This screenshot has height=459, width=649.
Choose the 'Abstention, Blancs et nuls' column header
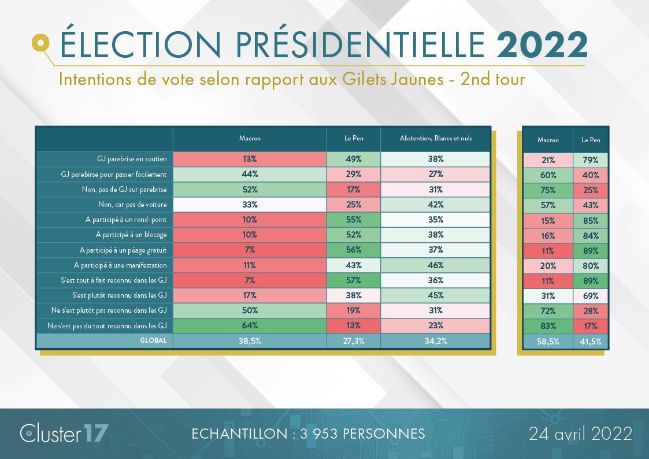click(435, 139)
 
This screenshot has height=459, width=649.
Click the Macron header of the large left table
click(250, 139)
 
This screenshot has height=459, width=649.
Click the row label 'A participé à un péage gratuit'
click(120, 250)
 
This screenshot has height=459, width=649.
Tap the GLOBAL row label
click(153, 340)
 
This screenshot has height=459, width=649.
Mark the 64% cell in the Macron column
click(250, 325)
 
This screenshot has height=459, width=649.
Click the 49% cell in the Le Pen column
click(354, 159)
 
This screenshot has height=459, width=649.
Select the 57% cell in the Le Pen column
click(354, 280)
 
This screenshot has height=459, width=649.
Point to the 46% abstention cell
click(435, 265)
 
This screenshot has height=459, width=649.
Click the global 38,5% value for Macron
click(250, 341)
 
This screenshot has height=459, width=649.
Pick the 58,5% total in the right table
click(548, 342)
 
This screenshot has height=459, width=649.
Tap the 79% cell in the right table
click(591, 160)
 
